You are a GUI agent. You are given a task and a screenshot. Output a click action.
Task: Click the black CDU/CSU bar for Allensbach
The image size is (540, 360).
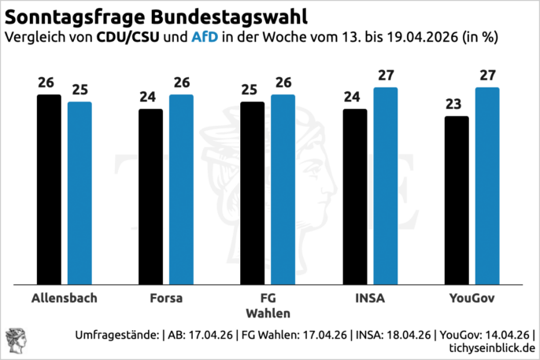48,189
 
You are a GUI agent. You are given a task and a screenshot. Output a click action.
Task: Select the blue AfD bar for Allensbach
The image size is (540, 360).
80,193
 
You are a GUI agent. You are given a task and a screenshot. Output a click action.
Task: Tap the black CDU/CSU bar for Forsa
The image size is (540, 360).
150,196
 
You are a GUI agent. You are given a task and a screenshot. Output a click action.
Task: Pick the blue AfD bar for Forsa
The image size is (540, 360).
181,189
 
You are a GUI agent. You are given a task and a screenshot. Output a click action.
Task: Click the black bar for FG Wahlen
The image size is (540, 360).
252,193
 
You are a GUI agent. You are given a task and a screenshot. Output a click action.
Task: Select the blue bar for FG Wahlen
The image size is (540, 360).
283,189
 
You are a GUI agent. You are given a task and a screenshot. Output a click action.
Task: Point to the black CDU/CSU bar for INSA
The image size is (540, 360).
354,196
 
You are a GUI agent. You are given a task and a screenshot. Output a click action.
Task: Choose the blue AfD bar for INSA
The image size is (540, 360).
386,186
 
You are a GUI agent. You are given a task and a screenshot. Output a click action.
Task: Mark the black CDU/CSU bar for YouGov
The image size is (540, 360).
457,200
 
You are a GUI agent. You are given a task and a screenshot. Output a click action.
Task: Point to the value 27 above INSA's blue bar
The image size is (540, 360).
386,76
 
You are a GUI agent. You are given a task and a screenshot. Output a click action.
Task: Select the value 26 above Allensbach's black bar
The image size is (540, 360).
48,83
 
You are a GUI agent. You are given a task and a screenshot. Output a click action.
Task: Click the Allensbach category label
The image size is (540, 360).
64,299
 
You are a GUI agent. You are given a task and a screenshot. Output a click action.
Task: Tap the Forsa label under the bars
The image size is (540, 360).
165,299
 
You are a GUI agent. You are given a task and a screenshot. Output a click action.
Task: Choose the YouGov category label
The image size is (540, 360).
472,299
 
